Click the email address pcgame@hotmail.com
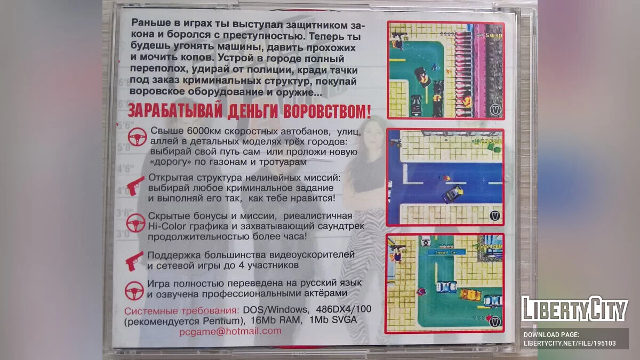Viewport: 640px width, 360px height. [x=230, y=331]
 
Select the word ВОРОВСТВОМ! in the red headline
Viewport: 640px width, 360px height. [x=327, y=111]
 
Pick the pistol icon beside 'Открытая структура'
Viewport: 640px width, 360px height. [x=135, y=186]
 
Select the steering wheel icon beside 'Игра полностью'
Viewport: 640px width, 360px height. [x=134, y=291]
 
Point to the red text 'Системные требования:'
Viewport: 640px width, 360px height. [x=181, y=310]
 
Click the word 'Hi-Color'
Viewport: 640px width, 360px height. [x=167, y=226]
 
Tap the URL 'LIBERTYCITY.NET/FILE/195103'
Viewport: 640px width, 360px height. [x=570, y=343]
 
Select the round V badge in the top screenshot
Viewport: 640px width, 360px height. [x=494, y=109]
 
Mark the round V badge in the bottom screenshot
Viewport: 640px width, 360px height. [x=495, y=322]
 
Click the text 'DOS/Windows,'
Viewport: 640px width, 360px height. [x=275, y=310]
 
